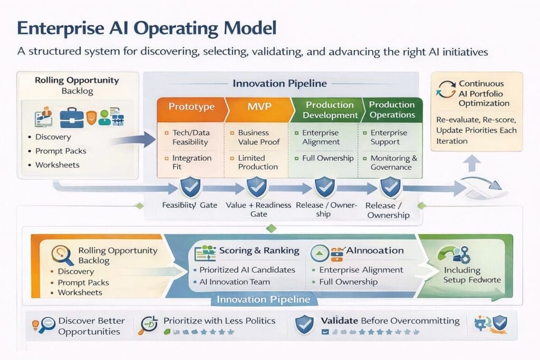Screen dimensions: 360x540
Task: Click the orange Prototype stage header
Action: click(x=191, y=107)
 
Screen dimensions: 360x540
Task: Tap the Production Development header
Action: click(x=330, y=110)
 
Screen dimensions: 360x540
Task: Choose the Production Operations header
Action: click(x=392, y=110)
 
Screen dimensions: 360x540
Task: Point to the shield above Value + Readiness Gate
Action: click(x=257, y=187)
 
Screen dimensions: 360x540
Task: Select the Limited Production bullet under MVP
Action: click(x=258, y=162)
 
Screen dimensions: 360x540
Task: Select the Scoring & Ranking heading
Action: click(x=259, y=251)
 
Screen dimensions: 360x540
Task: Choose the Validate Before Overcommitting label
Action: click(x=390, y=321)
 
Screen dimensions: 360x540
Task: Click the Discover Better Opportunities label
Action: click(x=91, y=326)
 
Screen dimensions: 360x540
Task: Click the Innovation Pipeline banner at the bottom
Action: click(x=264, y=299)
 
